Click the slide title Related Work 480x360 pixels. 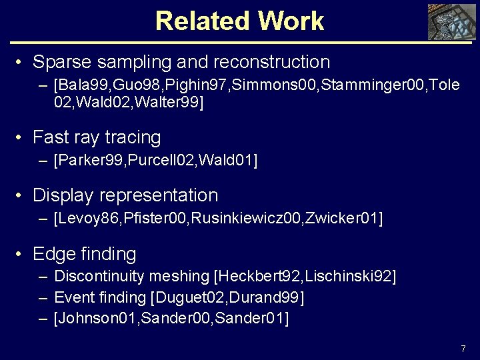pyautogui.click(x=239, y=21)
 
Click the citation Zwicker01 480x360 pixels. pyautogui.click(x=341, y=218)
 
